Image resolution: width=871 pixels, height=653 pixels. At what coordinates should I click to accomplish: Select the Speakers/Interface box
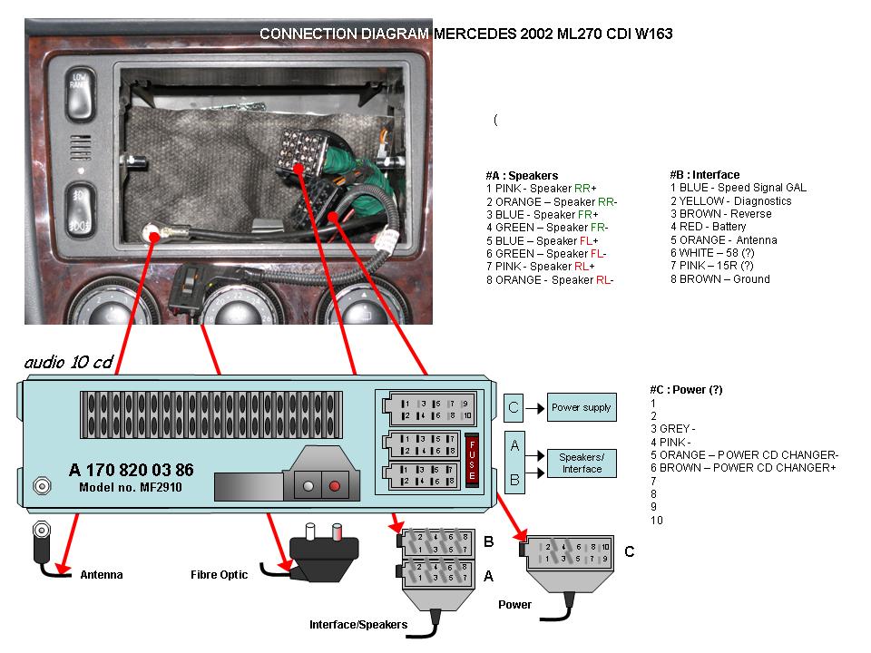[x=582, y=463]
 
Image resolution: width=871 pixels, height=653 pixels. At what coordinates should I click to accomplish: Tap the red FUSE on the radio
[x=472, y=459]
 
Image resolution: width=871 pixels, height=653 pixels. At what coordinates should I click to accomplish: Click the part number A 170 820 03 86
[x=131, y=470]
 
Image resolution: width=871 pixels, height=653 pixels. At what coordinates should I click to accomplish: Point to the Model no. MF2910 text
[x=128, y=487]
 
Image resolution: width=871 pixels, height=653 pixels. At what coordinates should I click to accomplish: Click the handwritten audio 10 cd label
[x=68, y=363]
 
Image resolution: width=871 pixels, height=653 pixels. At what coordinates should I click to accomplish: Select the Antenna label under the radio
[x=101, y=575]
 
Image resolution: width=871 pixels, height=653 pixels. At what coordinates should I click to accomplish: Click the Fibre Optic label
[x=219, y=575]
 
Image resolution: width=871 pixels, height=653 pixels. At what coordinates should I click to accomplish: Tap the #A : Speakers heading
[x=522, y=175]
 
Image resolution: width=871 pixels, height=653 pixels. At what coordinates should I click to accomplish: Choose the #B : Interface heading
[x=704, y=175]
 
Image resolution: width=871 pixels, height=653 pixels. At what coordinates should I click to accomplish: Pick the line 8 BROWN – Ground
[x=719, y=278]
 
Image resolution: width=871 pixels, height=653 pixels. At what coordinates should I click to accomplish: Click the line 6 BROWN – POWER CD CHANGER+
[x=743, y=468]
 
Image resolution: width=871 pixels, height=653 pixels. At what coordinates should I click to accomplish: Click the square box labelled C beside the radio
[x=514, y=407]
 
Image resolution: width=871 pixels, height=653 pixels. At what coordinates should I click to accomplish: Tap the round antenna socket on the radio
[x=41, y=486]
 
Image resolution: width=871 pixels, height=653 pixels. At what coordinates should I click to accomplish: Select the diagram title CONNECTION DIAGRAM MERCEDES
[x=465, y=34]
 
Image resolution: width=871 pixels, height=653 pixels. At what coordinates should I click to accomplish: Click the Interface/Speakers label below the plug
[x=357, y=625]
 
